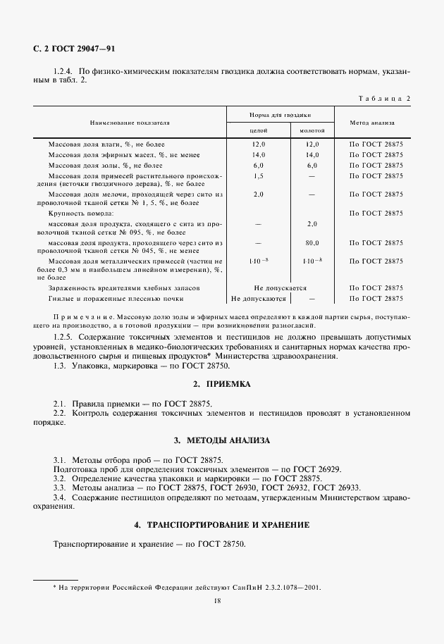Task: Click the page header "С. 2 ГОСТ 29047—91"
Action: pos(74,49)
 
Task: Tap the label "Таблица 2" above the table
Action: pos(384,98)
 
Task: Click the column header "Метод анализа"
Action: pos(376,123)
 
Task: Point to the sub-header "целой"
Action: pos(258,130)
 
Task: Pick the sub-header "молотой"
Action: pos(312,130)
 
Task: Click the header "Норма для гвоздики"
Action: pos(281,114)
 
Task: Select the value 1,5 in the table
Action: pos(258,175)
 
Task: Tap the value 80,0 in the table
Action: pos(312,242)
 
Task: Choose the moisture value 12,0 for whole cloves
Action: pos(258,144)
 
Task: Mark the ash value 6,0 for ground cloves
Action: pos(312,165)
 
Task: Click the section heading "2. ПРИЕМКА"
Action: pos(221,384)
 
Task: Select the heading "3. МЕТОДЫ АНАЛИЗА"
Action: pos(221,440)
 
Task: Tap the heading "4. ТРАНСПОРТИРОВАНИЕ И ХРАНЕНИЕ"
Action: pos(221,526)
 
